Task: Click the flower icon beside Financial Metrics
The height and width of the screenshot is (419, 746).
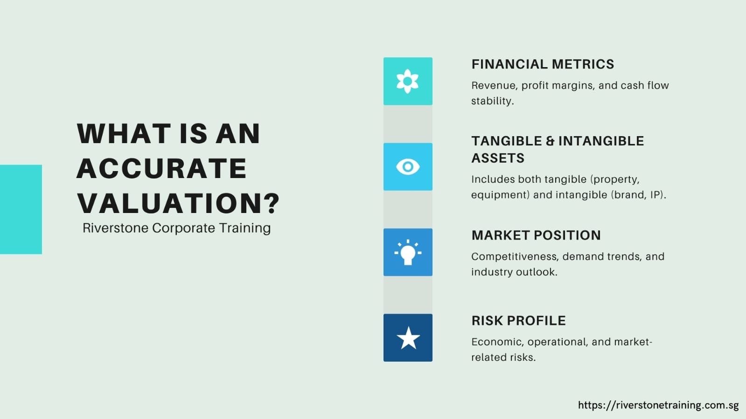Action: [407, 81]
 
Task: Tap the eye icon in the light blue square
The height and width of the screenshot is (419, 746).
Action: [407, 166]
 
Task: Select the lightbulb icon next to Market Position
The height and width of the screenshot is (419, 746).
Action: [407, 252]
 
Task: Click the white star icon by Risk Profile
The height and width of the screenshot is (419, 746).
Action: [408, 338]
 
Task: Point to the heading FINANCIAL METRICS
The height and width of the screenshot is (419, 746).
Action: [543, 64]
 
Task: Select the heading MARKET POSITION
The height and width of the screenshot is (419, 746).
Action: [536, 235]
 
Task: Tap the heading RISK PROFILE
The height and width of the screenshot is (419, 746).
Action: [518, 321]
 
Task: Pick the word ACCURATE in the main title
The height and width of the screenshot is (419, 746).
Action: [161, 168]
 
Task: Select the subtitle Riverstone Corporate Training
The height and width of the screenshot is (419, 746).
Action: [176, 228]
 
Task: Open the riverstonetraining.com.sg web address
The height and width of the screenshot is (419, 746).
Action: [658, 405]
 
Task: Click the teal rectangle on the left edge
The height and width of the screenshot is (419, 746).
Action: [21, 209]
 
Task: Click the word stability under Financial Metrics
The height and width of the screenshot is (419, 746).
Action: [492, 101]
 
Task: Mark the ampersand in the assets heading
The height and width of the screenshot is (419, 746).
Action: [550, 141]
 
